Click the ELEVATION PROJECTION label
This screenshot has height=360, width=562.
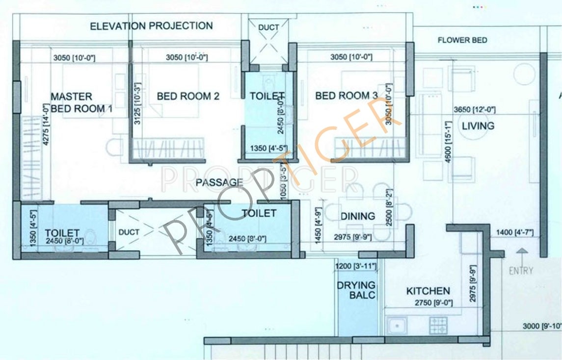coord(151,26)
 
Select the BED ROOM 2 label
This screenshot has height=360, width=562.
coord(188,96)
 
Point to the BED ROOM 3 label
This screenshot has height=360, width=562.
coord(347,96)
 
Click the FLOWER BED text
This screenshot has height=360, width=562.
coord(462,40)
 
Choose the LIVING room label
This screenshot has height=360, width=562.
coord(478,126)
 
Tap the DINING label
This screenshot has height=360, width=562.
coord(358,216)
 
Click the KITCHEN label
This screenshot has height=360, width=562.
coord(428,291)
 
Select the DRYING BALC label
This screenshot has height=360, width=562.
coord(356,290)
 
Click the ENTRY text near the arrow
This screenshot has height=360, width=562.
coord(521,271)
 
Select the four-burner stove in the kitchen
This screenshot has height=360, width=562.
coord(438,324)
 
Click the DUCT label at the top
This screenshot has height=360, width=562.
coord(268,27)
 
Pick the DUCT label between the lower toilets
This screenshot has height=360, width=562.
coord(129,232)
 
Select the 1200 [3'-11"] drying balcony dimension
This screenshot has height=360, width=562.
coord(356,266)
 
